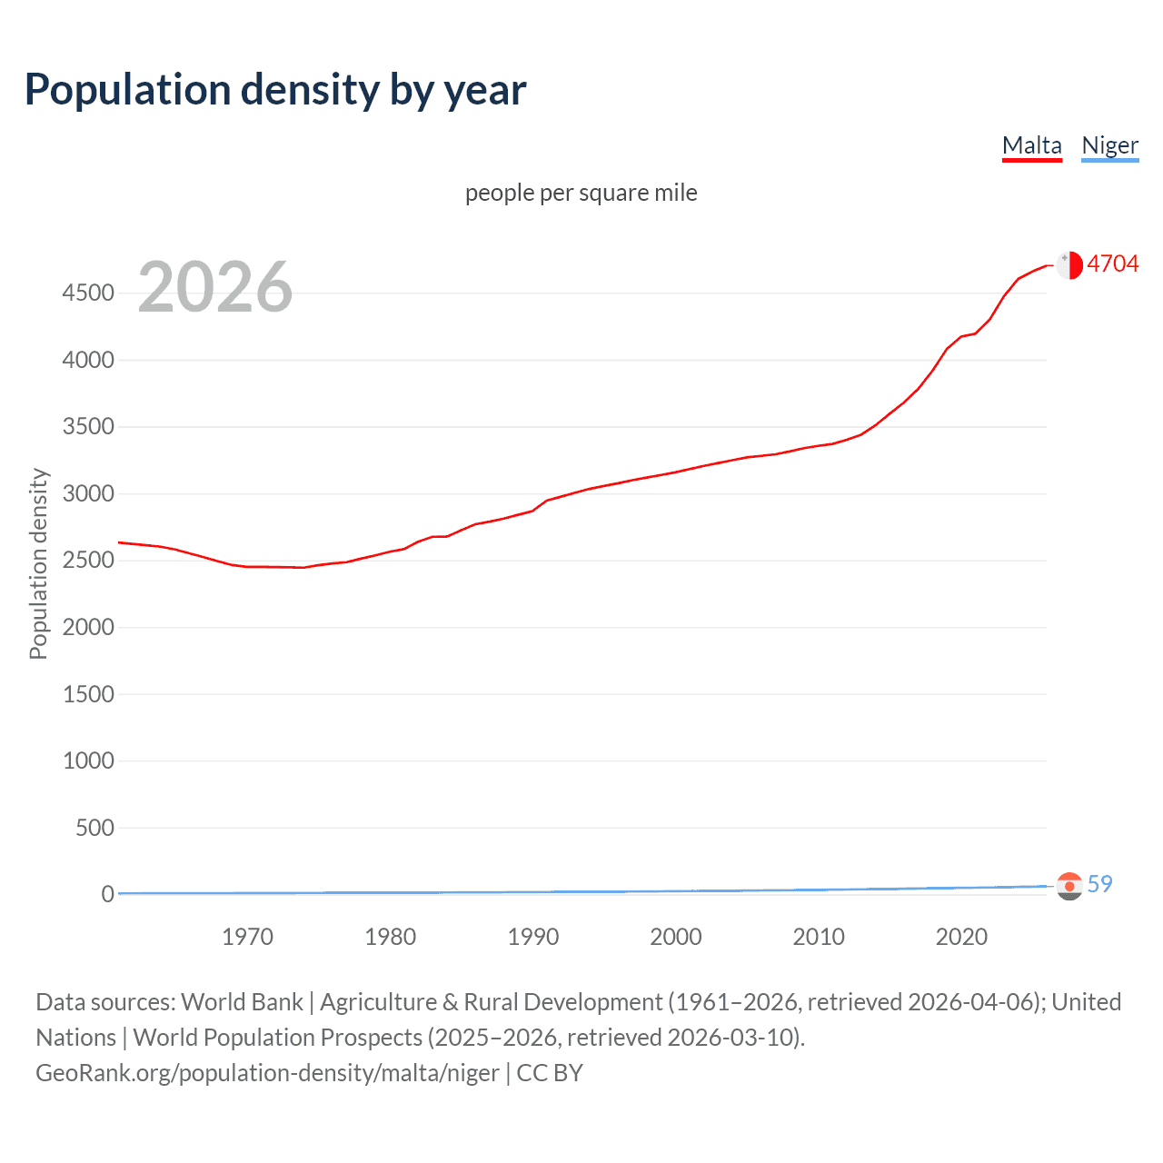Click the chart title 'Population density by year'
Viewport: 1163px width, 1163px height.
[x=275, y=90]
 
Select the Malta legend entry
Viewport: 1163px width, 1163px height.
[x=1031, y=145]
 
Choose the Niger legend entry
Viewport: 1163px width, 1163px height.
[x=1109, y=145]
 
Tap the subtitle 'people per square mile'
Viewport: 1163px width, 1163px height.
[x=581, y=193]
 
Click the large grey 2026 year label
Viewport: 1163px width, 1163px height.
[x=215, y=287]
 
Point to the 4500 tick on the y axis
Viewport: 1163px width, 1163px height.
[x=88, y=293]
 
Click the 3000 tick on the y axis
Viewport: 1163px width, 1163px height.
[x=88, y=494]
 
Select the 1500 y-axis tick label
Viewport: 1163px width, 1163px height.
[x=88, y=694]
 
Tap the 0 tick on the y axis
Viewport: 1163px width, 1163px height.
[x=107, y=894]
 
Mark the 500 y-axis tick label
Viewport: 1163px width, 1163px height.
[x=94, y=828]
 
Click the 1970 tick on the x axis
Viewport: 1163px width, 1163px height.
[x=247, y=937]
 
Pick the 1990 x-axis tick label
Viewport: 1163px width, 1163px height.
[x=533, y=937]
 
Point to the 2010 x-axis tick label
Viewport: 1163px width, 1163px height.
[x=819, y=937]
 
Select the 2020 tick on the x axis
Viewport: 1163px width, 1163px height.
[x=961, y=937]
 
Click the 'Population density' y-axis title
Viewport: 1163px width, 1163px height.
[x=38, y=563]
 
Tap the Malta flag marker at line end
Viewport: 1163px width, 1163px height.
[x=1069, y=264]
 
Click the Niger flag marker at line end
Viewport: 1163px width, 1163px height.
[x=1069, y=886]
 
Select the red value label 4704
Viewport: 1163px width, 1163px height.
[x=1112, y=263]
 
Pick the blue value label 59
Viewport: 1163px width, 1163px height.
[x=1099, y=884]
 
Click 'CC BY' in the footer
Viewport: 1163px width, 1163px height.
[x=550, y=1073]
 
